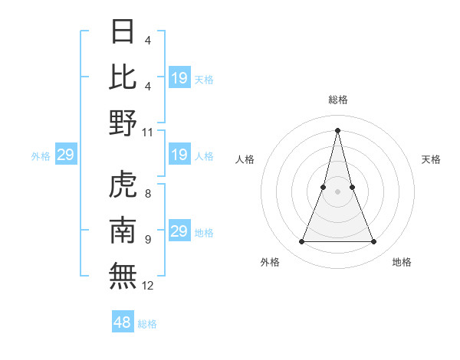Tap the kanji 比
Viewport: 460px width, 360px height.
pos(123,77)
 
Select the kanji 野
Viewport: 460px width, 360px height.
pos(123,123)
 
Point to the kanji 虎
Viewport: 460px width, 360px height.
pos(123,185)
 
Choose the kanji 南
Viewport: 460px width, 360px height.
pos(123,231)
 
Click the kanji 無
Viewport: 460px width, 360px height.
pos(123,277)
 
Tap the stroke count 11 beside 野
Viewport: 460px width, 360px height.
pos(148,132)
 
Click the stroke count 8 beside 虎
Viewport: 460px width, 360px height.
pos(147,194)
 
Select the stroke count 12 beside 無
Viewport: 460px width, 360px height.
pos(148,286)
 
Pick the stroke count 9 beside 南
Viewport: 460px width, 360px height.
pos(147,240)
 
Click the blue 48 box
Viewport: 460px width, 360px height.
pos(123,322)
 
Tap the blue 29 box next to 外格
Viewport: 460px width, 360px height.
pos(65,155)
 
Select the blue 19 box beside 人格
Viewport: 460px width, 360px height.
pos(179,155)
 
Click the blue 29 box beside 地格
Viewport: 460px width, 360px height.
pos(179,232)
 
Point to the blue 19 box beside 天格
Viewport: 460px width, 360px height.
pos(179,78)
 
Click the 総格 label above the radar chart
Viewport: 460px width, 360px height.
pos(337,100)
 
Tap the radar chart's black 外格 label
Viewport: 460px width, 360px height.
pos(270,262)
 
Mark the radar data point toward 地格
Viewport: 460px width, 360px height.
pos(374,242)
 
